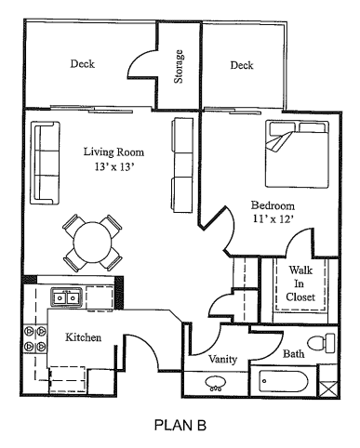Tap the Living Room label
(113, 152)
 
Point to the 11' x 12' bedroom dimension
(272, 220)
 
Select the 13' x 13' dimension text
(113, 168)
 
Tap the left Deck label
(83, 65)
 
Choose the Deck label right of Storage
(242, 65)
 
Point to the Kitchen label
(83, 337)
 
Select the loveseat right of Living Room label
(180, 151)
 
